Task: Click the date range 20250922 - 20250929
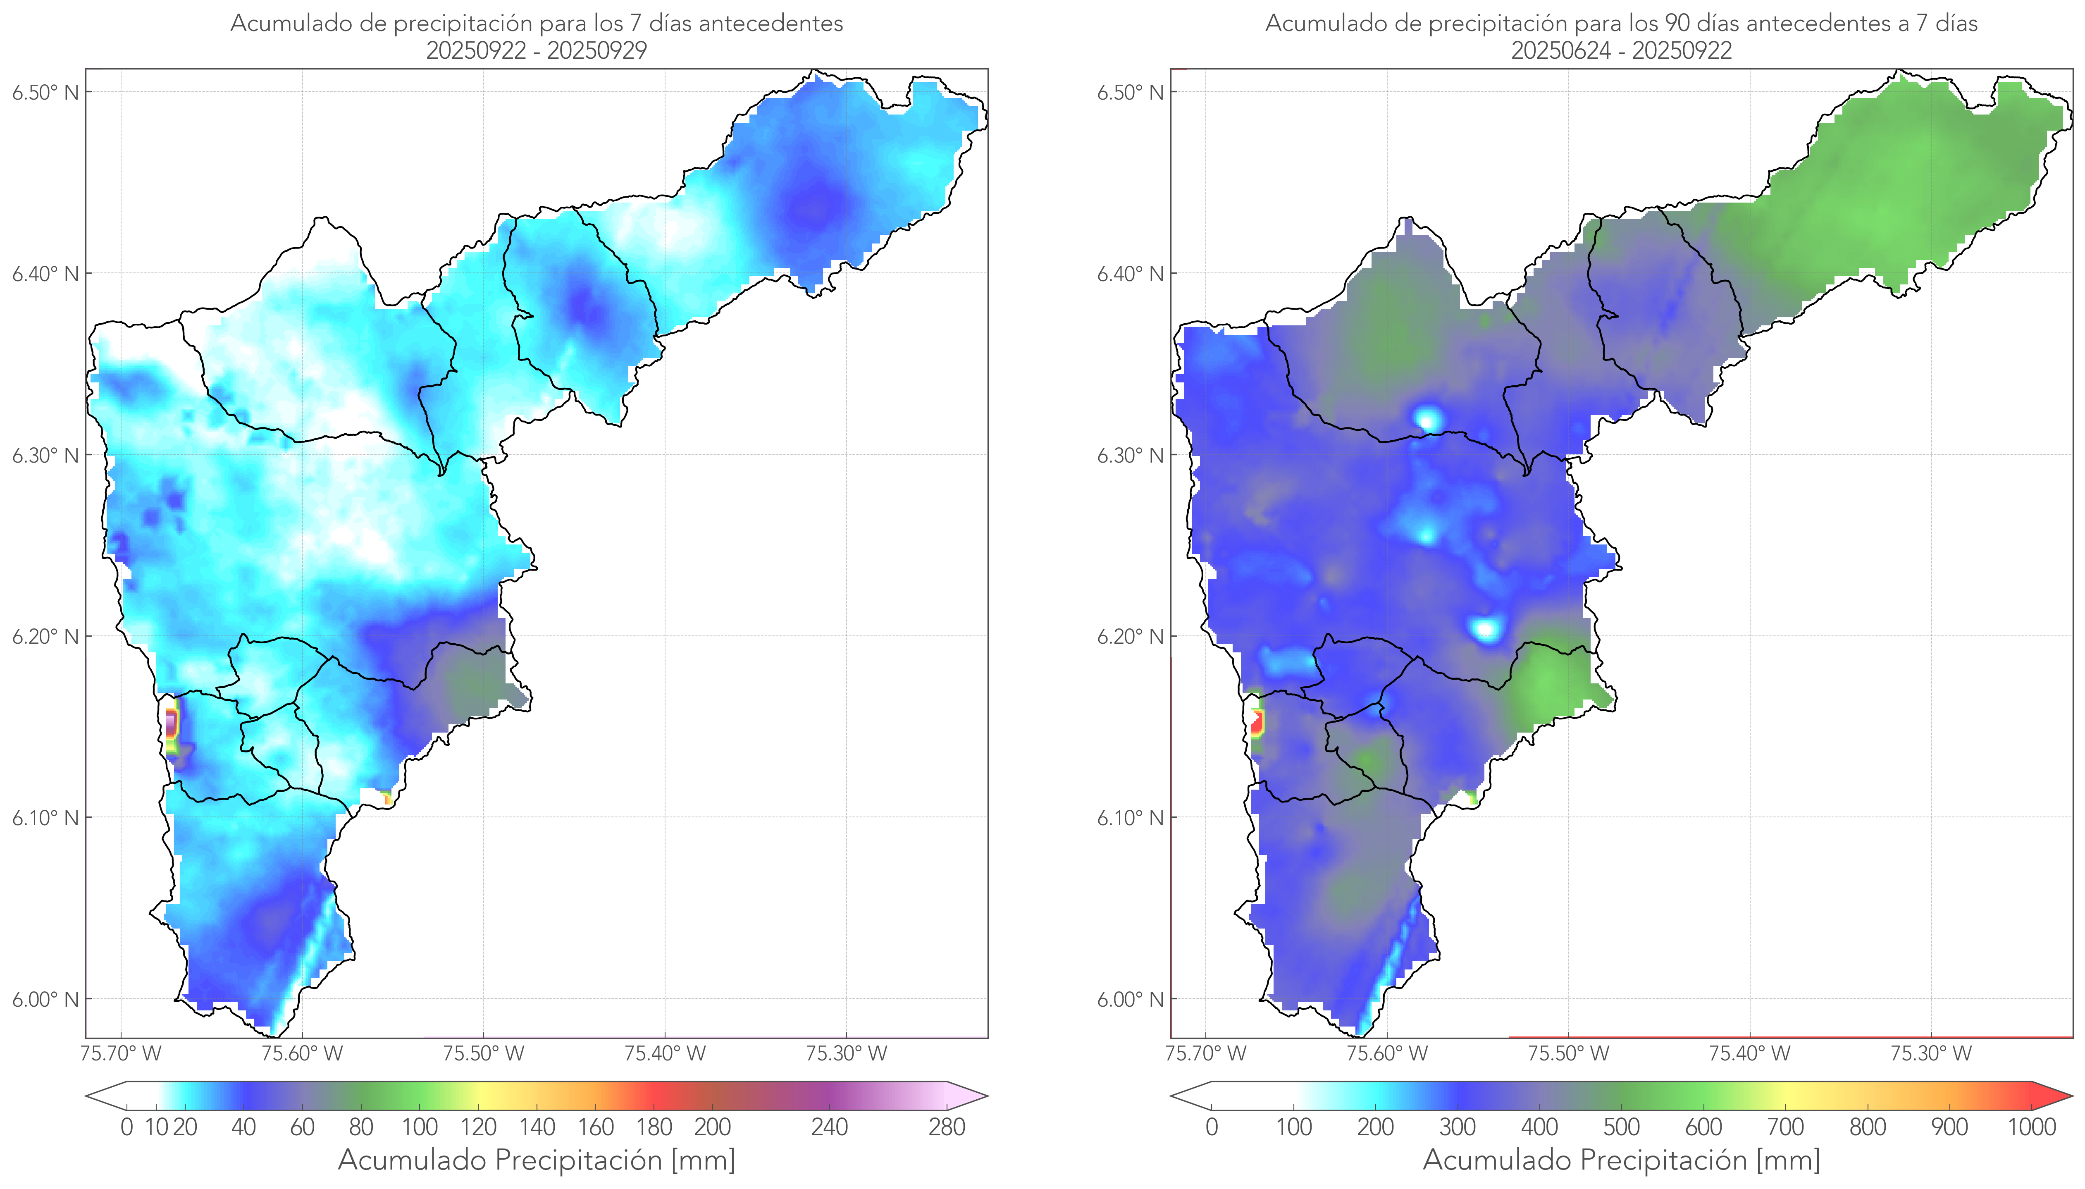coord(537,50)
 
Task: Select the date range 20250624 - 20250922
coord(1621,50)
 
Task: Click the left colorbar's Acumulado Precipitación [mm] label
coord(537,1160)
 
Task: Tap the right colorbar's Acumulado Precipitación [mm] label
coord(1621,1160)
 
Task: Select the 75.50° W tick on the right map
coord(1568,1053)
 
